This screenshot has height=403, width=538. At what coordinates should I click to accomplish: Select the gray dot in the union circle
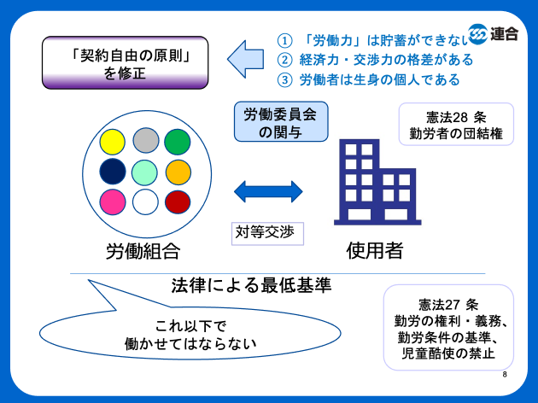[146, 141]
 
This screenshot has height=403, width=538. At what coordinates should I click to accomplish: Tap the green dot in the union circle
[178, 141]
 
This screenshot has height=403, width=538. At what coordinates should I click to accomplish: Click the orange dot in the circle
[178, 172]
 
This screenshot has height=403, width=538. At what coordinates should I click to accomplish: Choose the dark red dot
[178, 202]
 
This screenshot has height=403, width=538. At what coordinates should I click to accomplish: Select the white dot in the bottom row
[146, 202]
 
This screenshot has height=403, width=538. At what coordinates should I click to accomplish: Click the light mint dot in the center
[146, 172]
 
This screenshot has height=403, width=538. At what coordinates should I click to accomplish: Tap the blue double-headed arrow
[268, 190]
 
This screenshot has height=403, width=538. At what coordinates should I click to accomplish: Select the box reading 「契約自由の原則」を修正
[126, 62]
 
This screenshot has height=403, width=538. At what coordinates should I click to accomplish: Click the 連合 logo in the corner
[494, 33]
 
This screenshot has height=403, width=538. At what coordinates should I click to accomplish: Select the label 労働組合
[143, 250]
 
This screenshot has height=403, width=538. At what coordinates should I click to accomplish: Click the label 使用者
[374, 250]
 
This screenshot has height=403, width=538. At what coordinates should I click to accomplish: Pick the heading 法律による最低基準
[251, 285]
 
